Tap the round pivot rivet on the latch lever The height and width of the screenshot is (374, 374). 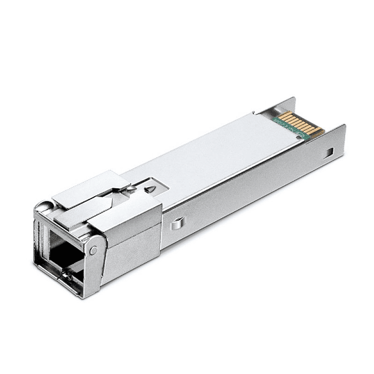pyautogui.click(x=93, y=250)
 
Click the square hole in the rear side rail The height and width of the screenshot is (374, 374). pyautogui.click(x=329, y=152)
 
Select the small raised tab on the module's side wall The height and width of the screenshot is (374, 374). pyautogui.click(x=177, y=223)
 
